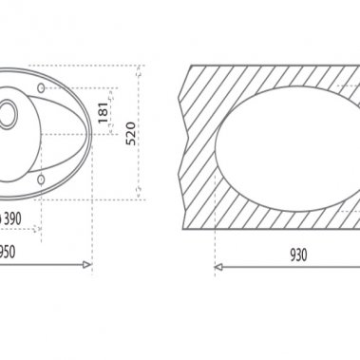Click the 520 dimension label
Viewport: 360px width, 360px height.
coord(131,133)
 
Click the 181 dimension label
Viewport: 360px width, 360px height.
coord(104,113)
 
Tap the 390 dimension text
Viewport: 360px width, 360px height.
coord(12,218)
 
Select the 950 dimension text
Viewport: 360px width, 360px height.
coord(8,252)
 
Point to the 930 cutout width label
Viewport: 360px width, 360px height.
coord(298,255)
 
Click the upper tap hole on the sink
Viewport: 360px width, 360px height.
coord(41,87)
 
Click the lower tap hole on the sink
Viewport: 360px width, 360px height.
coord(41,180)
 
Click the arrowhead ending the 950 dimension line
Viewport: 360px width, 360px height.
coord(86,265)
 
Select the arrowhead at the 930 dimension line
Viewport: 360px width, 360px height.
coord(218,267)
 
